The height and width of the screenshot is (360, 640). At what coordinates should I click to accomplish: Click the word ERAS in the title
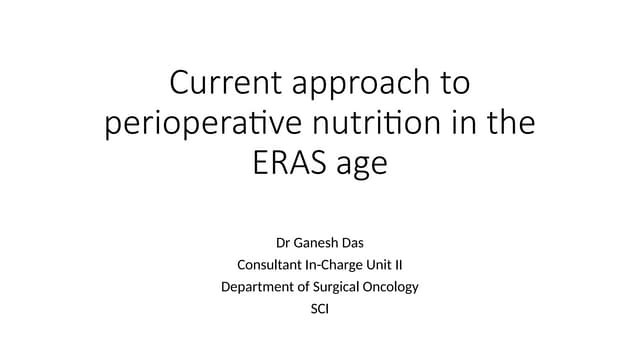pyautogui.click(x=290, y=162)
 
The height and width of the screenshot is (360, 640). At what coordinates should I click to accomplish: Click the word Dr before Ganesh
pyautogui.click(x=283, y=242)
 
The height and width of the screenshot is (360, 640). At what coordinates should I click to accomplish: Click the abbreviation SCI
pyautogui.click(x=320, y=309)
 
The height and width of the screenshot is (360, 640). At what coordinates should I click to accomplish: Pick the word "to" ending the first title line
pyautogui.click(x=451, y=83)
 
